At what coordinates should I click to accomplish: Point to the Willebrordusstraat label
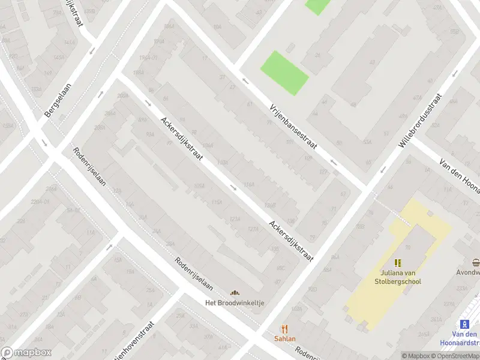[419, 121]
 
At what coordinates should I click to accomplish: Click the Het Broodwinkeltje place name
[235, 303]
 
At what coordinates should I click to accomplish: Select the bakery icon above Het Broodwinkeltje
[235, 293]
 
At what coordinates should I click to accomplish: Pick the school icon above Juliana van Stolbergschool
[398, 263]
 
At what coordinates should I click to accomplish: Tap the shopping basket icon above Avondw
[476, 263]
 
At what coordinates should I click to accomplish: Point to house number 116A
[248, 185]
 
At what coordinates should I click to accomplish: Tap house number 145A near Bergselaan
[58, 58]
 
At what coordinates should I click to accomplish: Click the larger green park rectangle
[284, 73]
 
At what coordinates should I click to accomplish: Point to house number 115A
[217, 202]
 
